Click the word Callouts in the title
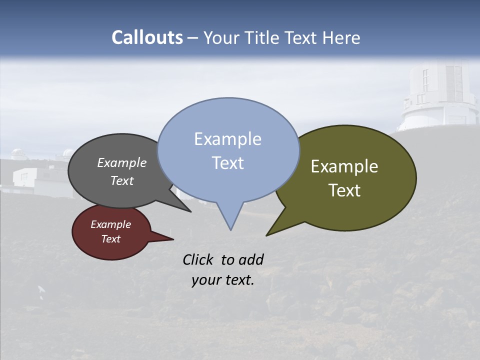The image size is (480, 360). [147, 37]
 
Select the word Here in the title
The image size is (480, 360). [341, 37]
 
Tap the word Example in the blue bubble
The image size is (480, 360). [227, 139]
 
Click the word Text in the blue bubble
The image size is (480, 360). [227, 163]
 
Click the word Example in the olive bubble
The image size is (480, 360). [344, 166]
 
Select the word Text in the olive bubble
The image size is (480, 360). [344, 190]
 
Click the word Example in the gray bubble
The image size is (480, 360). [121, 163]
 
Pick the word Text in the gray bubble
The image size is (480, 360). [121, 181]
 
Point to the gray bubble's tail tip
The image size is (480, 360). [190, 211]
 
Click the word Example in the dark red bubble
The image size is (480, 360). [110, 224]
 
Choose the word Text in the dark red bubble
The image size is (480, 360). [110, 239]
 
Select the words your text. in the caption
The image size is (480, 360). [222, 280]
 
